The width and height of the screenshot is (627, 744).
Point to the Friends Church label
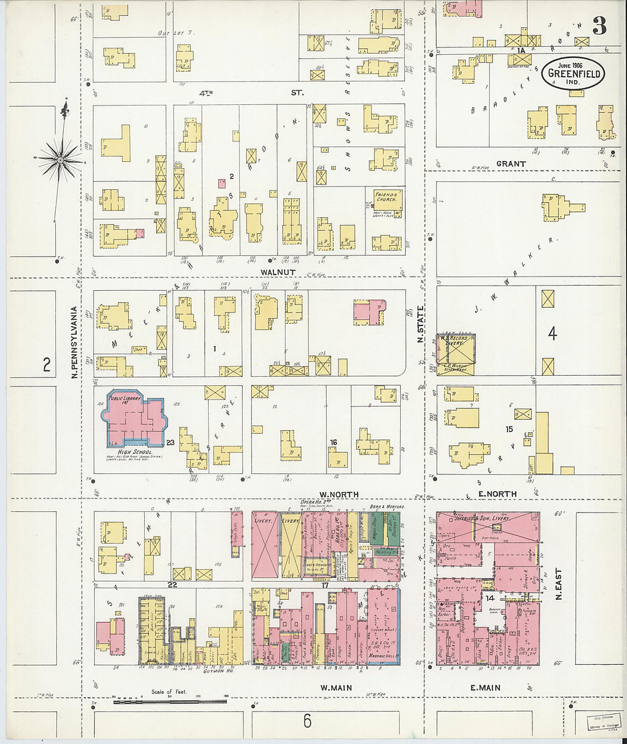[x=387, y=197]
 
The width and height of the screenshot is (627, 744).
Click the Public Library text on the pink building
[x=124, y=399]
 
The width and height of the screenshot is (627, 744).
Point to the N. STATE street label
[x=421, y=324]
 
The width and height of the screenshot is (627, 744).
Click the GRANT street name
[x=511, y=164]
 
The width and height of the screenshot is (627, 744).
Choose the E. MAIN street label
[x=485, y=688]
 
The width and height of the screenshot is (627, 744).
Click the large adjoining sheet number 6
[x=307, y=721]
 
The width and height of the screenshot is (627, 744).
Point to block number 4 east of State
[x=552, y=334]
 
